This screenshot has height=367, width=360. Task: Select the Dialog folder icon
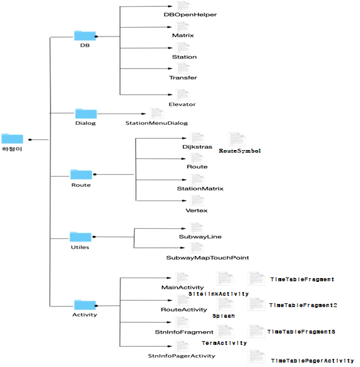tap(86, 114)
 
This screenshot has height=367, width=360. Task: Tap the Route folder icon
tap(81, 174)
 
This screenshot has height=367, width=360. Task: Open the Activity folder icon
tap(84, 305)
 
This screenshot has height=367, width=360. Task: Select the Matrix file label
tap(183, 35)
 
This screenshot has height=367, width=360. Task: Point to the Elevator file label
tap(182, 104)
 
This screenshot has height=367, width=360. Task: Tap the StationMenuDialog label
tap(156, 123)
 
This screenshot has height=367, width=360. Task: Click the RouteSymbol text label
tap(240, 151)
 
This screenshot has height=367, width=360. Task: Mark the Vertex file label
tap(196, 210)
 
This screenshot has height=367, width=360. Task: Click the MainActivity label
tap(183, 288)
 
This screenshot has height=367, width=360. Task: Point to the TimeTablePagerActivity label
tap(312, 361)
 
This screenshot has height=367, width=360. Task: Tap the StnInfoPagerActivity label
tap(182, 356)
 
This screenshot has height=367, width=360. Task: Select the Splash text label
tap(223, 315)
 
